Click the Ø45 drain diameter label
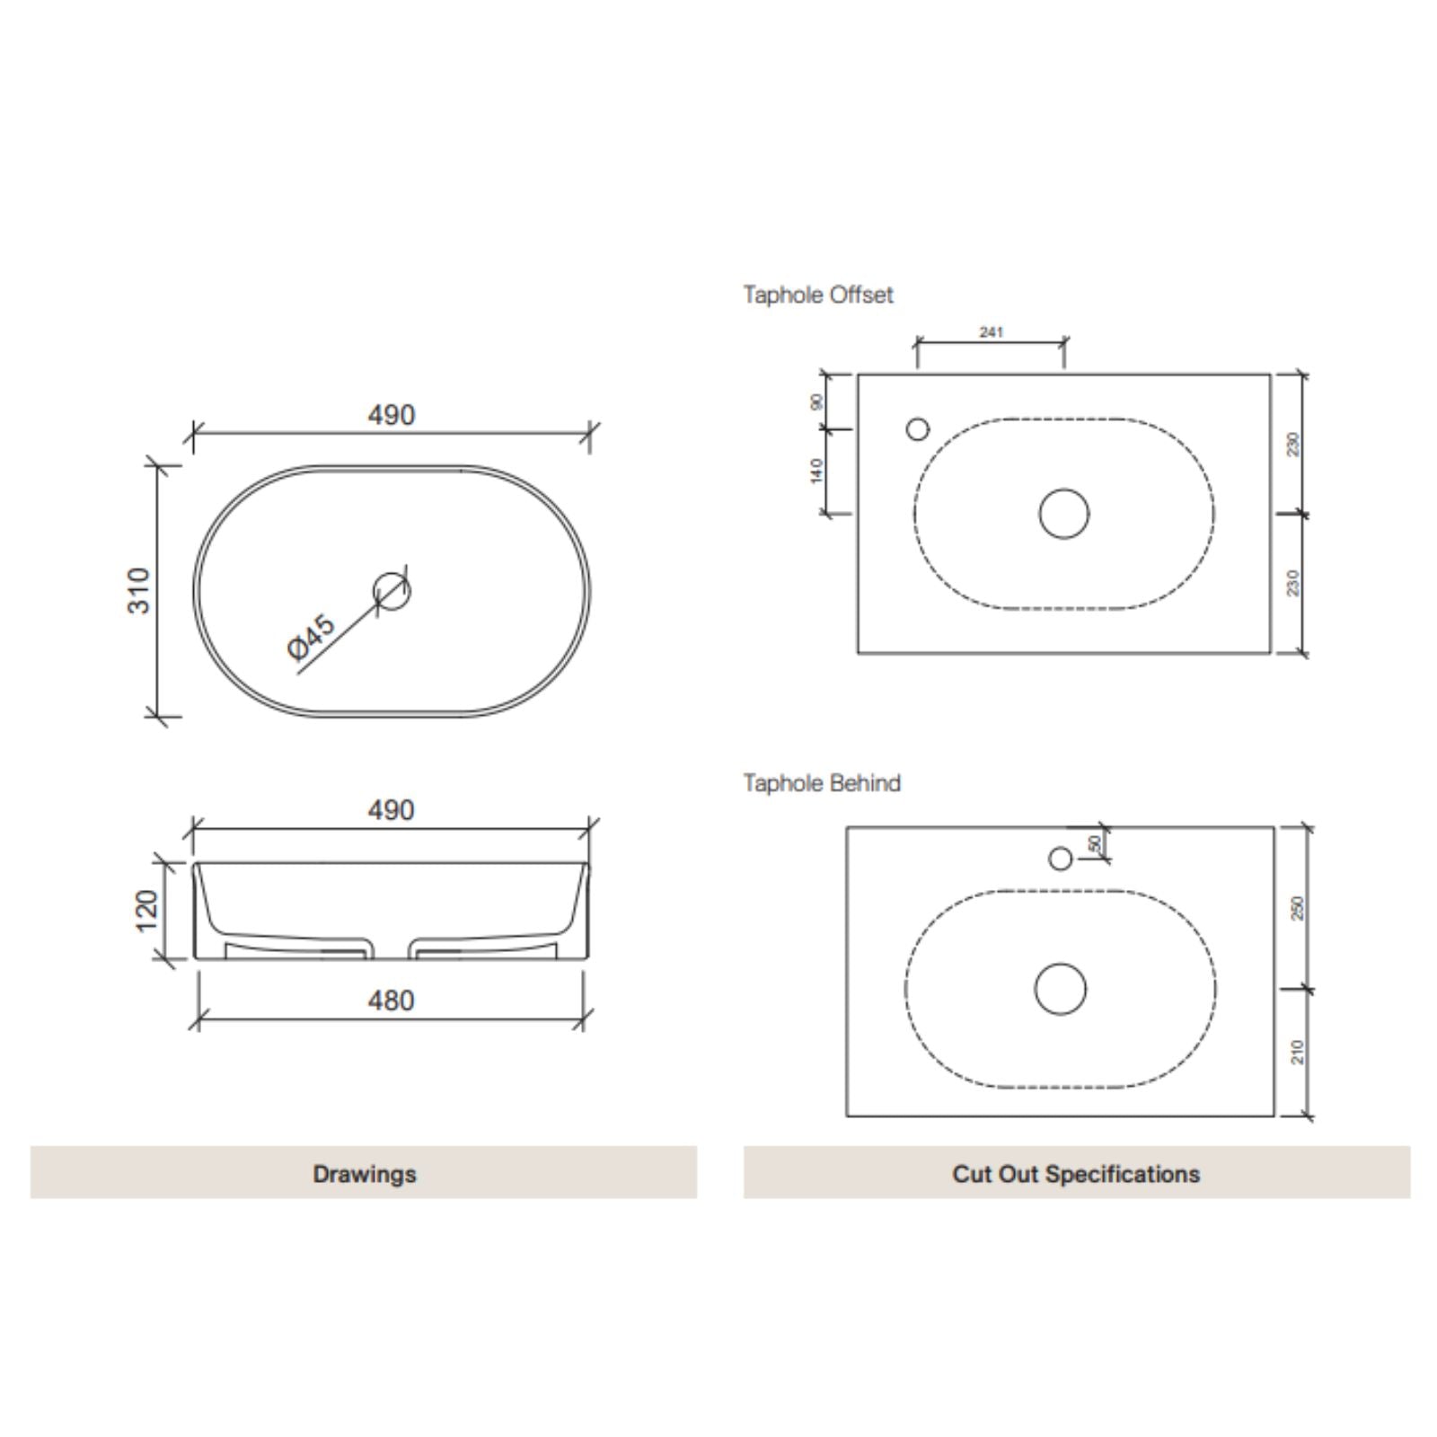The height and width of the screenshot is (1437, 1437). click(x=312, y=636)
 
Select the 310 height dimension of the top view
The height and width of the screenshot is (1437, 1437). click(x=139, y=590)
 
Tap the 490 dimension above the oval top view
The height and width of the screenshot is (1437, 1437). click(x=392, y=415)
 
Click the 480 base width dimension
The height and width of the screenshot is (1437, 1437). click(x=392, y=1001)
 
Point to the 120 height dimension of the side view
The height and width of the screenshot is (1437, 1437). click(x=146, y=910)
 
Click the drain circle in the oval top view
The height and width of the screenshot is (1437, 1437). click(x=392, y=591)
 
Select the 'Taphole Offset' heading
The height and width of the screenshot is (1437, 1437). click(x=818, y=295)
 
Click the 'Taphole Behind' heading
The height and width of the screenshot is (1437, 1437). click(x=822, y=783)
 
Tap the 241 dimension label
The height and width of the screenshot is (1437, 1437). click(x=991, y=332)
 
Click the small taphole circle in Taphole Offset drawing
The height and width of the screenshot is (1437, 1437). click(x=918, y=429)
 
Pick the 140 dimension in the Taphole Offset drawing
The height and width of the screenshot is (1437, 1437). click(x=816, y=470)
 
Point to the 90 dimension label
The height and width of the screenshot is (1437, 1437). click(x=816, y=401)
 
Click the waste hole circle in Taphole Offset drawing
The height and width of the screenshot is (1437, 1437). click(x=1064, y=514)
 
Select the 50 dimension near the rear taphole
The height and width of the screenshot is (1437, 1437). click(x=1094, y=843)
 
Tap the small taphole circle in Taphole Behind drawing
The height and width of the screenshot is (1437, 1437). click(x=1061, y=859)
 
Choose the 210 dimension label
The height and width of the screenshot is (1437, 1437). click(x=1296, y=1052)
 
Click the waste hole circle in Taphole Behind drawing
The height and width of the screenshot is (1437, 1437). click(x=1061, y=989)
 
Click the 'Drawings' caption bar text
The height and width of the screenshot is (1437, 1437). click(x=365, y=1174)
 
